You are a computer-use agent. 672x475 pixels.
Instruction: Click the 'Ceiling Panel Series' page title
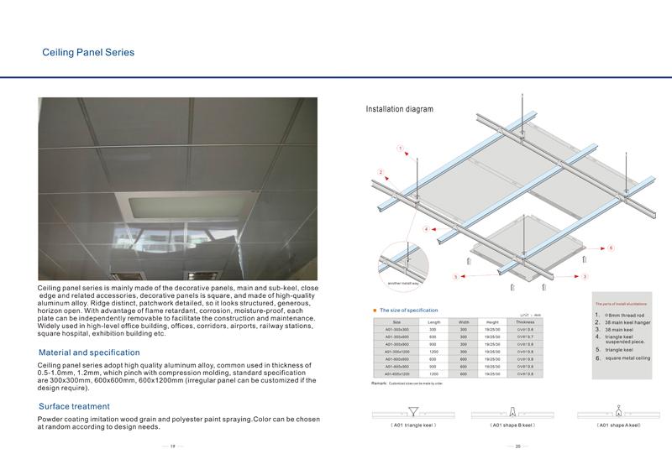(x=88, y=53)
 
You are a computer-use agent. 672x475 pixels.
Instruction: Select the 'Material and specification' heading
(x=89, y=352)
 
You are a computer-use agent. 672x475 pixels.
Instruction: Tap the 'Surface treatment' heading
(x=74, y=406)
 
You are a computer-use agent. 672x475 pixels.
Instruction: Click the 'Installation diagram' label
(x=399, y=110)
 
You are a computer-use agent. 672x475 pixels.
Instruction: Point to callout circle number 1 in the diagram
(x=401, y=149)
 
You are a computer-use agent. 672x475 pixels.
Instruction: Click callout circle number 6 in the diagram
(x=611, y=248)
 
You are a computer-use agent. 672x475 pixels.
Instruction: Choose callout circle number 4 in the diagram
(x=426, y=228)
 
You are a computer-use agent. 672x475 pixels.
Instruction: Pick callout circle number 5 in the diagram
(x=455, y=276)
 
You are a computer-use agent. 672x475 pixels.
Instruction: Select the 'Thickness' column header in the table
(x=525, y=321)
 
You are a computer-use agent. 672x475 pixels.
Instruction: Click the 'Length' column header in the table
(x=433, y=321)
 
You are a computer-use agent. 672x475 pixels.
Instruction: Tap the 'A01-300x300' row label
(x=397, y=330)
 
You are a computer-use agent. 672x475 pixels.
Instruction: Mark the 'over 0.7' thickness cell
(x=525, y=337)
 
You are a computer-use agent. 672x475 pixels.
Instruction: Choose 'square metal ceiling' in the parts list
(x=628, y=358)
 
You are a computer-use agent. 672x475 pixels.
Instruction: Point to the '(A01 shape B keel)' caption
(x=512, y=425)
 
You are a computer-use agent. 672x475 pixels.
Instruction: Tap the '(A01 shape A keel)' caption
(x=618, y=425)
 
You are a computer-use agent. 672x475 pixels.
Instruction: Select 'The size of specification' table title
(x=408, y=311)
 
